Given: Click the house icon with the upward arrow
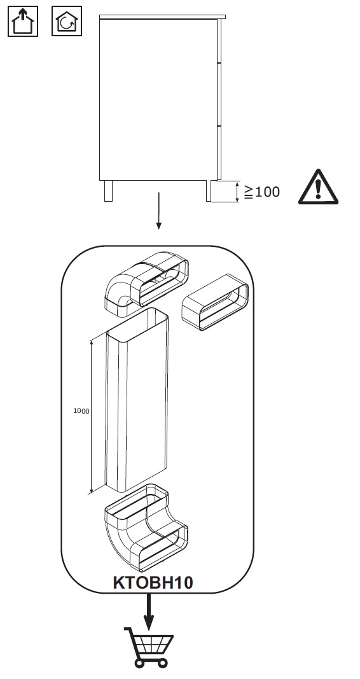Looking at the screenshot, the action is tap(23, 21).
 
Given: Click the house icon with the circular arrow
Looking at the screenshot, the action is tap(67, 21).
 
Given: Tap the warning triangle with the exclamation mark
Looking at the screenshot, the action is tap(318, 186).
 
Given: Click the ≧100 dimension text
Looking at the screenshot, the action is tap(262, 192).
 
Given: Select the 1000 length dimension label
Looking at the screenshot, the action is tap(81, 411).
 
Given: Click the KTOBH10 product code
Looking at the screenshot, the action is tap(153, 582).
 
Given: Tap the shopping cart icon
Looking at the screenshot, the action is tap(149, 647).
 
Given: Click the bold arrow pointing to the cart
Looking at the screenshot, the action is tap(149, 612).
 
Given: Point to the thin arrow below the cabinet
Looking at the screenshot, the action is tap(159, 211).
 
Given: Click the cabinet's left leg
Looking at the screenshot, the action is tap(108, 191).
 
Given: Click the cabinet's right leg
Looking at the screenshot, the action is tap(209, 191).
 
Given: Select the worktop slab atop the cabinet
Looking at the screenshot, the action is tap(162, 17).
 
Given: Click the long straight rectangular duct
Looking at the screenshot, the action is tap(136, 400).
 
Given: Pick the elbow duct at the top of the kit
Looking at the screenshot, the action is tap(146, 284).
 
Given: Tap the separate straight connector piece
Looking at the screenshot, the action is tap(215, 302).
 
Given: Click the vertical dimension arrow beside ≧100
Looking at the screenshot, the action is tap(237, 192).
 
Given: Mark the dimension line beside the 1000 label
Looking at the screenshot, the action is tap(92, 417).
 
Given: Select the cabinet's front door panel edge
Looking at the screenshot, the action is tap(219, 99).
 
